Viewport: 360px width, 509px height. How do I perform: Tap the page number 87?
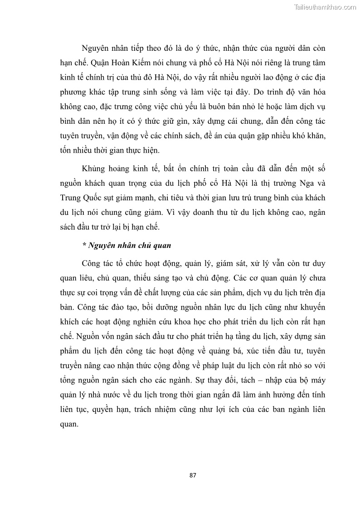[x=193, y=475]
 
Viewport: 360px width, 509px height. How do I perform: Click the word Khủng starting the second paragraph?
[x=94, y=169]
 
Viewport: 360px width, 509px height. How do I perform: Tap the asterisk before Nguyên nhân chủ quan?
[x=84, y=245]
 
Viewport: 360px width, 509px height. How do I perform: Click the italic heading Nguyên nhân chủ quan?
[x=129, y=245]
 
